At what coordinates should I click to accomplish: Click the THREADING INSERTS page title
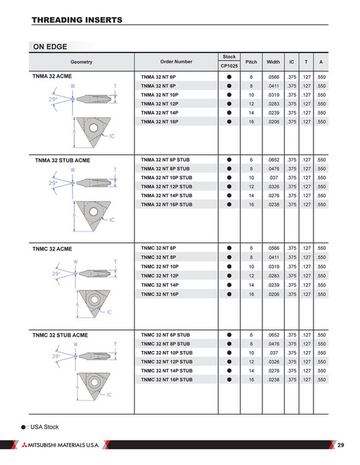[77, 20]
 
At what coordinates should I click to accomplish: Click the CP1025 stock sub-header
[229, 66]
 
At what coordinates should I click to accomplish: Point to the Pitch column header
[251, 61]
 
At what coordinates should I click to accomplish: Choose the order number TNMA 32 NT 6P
[158, 77]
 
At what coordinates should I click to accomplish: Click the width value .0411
[273, 86]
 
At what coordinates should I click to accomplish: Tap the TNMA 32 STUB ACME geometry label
[62, 160]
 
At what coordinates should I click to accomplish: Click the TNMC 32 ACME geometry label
[52, 249]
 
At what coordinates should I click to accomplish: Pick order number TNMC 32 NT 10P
[160, 266]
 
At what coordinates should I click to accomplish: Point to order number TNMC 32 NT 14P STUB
[166, 370]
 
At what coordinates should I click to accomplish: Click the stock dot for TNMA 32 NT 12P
[229, 104]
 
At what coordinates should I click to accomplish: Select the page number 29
[342, 445]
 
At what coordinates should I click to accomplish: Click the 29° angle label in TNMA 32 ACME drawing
[54, 100]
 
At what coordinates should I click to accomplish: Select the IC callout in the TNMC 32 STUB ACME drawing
[109, 395]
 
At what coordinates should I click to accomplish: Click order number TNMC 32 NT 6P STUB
[165, 335]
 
